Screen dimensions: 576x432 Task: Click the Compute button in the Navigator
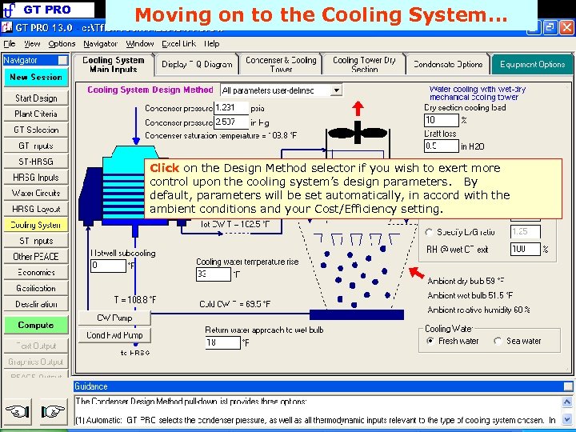click(35, 326)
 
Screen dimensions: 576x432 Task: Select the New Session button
click(35, 78)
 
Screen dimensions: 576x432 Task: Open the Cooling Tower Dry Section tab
click(364, 65)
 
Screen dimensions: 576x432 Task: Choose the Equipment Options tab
click(532, 65)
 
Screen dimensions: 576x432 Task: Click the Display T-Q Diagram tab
click(197, 65)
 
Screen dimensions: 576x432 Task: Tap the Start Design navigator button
click(35, 98)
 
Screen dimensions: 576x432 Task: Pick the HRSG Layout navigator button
click(35, 210)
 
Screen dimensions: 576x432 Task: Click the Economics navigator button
click(35, 273)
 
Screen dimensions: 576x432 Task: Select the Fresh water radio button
click(430, 342)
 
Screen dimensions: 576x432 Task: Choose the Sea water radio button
click(498, 342)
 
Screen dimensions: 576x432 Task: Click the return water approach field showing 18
click(222, 343)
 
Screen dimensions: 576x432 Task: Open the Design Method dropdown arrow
click(336, 91)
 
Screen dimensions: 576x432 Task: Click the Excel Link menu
click(178, 44)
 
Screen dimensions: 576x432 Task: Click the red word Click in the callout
click(164, 168)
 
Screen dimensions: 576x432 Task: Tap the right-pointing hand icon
click(53, 413)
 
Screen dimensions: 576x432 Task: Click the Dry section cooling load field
click(439, 120)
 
